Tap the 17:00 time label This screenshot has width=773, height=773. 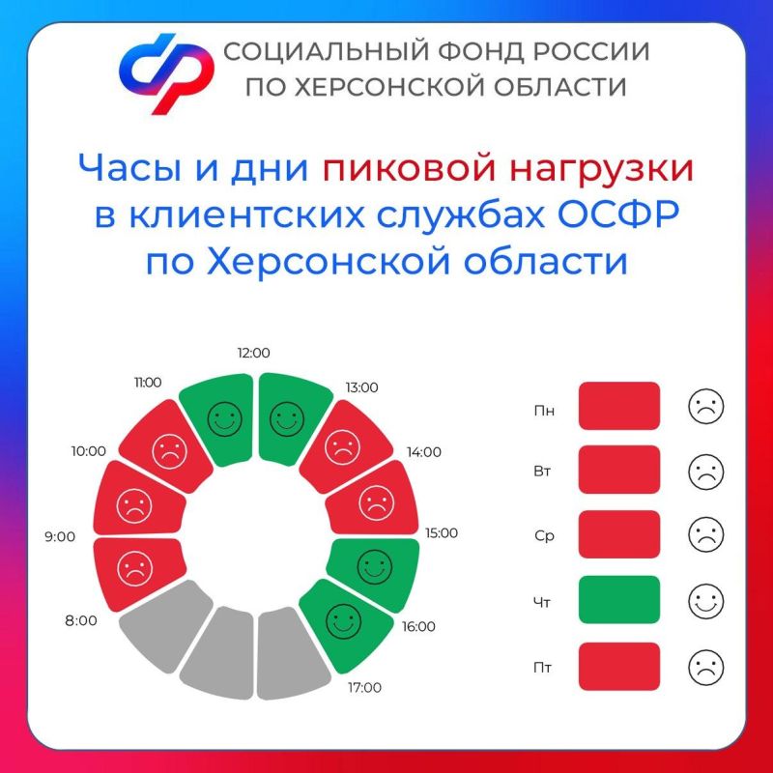[363, 688]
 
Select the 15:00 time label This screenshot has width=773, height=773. [441, 533]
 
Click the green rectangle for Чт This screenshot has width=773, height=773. [619, 600]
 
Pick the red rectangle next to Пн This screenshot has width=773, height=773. [619, 406]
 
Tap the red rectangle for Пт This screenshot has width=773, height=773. [619, 666]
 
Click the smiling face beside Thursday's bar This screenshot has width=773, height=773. [706, 601]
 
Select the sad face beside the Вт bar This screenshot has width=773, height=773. [706, 472]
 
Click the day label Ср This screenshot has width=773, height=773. [544, 536]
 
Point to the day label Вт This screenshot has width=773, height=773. [544, 472]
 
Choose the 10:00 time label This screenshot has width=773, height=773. [88, 450]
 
